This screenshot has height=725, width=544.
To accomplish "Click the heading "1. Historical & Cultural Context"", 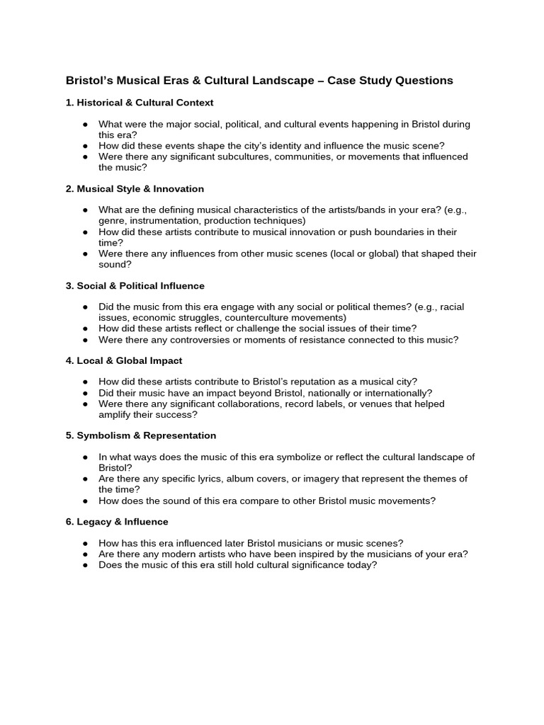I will pyautogui.click(x=140, y=103).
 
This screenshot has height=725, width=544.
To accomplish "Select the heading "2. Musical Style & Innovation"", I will pyautogui.click(x=135, y=189).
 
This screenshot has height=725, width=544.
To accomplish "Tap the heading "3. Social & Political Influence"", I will pyautogui.click(x=135, y=286).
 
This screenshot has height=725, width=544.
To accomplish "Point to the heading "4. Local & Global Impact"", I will pyautogui.click(x=124, y=361).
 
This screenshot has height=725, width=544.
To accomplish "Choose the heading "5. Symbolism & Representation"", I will pyautogui.click(x=141, y=435).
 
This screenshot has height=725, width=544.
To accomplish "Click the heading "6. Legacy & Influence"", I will pyautogui.click(x=117, y=522).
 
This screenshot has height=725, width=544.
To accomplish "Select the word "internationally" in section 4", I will pyautogui.click(x=398, y=393).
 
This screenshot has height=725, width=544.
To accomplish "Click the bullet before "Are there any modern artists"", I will pyautogui.click(x=85, y=554).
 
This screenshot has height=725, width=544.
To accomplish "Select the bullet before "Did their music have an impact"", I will pyautogui.click(x=85, y=393).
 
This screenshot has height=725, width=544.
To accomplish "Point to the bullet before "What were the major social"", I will pyautogui.click(x=85, y=124).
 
